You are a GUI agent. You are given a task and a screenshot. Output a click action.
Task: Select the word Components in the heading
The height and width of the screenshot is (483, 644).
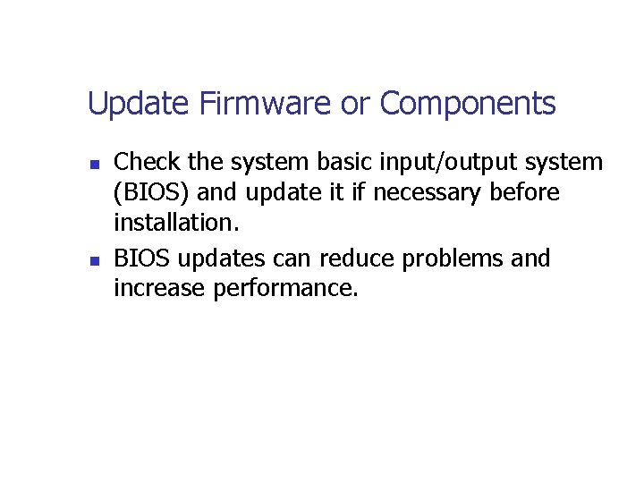coord(468,105)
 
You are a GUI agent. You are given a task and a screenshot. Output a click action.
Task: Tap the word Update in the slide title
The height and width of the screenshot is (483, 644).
coord(140,105)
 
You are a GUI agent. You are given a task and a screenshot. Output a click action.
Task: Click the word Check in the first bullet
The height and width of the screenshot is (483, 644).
coord(146,162)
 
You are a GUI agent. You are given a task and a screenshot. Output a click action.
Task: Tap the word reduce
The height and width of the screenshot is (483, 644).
coord(358,258)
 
